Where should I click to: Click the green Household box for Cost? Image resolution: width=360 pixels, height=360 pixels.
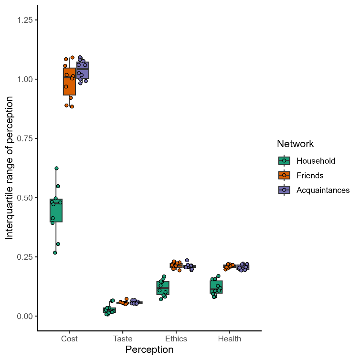[56, 211]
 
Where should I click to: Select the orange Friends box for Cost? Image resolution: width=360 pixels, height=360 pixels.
[69, 81]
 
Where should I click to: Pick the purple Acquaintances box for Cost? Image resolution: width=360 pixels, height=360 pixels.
[83, 70]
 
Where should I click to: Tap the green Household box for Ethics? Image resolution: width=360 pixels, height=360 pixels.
[163, 288]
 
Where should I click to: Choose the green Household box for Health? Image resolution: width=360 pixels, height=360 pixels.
[216, 287]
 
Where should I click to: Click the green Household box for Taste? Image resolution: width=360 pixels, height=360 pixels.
[109, 310]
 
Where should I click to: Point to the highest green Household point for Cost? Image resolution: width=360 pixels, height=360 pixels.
[56, 168]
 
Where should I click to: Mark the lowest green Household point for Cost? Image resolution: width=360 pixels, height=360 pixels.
[55, 253]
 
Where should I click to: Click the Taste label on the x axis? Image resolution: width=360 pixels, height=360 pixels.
[123, 339]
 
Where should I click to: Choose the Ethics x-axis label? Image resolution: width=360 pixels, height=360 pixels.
[176, 339]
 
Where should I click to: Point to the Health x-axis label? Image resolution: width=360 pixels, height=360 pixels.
[230, 339]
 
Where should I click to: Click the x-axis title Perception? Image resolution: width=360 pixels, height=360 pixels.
[149, 350]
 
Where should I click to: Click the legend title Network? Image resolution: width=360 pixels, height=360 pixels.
[295, 144]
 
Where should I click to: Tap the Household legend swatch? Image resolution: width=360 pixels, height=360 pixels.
[284, 161]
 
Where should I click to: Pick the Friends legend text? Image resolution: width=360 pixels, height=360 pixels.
[310, 175]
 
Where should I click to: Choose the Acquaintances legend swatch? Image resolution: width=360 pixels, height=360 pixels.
[284, 190]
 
